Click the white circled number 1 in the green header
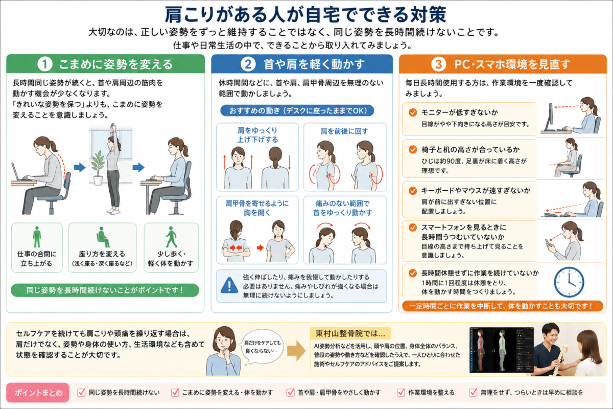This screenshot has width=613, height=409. tap(45, 64)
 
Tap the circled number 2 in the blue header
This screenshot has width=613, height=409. tap(248, 64)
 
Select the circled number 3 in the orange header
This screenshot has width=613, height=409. tap(438, 64)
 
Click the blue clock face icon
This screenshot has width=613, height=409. tap(569, 282)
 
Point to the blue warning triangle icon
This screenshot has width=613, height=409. tap(229, 285)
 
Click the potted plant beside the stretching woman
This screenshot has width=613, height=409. tap(98, 168)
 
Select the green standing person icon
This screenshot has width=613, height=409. tap(37, 237)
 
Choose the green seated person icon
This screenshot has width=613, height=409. tap(102, 237)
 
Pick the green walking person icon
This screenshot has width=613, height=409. tap(171, 237)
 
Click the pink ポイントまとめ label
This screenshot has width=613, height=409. tap(38, 393)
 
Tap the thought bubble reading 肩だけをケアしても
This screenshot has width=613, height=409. tap(262, 347)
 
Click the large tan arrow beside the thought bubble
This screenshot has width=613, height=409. tap(296, 351)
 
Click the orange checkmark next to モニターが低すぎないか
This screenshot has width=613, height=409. tap(413, 112)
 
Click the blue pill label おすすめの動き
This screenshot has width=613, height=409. tap(297, 110)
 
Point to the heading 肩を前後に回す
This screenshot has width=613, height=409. tap(344, 131)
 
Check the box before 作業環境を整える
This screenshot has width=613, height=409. tap(400, 392)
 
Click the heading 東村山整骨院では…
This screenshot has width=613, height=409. tap(350, 333)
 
